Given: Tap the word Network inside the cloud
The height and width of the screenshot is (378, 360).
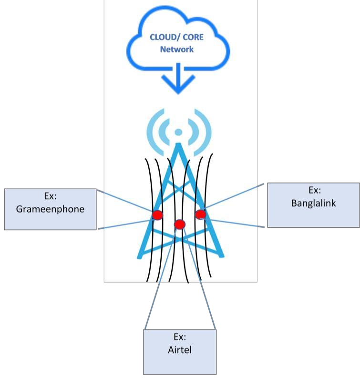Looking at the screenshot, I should point(176,49).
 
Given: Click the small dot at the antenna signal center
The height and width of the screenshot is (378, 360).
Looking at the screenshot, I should point(178,132).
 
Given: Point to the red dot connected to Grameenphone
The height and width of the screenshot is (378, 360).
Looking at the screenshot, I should point(158,215).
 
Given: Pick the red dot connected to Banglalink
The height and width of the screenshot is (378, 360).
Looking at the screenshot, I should point(200,214).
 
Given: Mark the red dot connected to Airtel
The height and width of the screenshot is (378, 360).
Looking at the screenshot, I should point(179,224).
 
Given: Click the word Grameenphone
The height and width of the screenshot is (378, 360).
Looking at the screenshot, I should point(50,209).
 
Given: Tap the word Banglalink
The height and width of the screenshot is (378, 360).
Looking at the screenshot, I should point(313,203).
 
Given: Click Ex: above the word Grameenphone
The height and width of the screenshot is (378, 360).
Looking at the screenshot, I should point(50,196).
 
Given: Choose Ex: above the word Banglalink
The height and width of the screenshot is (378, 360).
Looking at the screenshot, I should point(314,190).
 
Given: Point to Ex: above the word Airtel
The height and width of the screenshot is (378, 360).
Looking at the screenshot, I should point(179,337).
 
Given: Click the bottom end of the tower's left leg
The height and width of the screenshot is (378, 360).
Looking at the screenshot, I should point(140,256).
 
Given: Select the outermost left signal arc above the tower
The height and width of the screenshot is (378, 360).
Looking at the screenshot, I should point(152,132).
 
